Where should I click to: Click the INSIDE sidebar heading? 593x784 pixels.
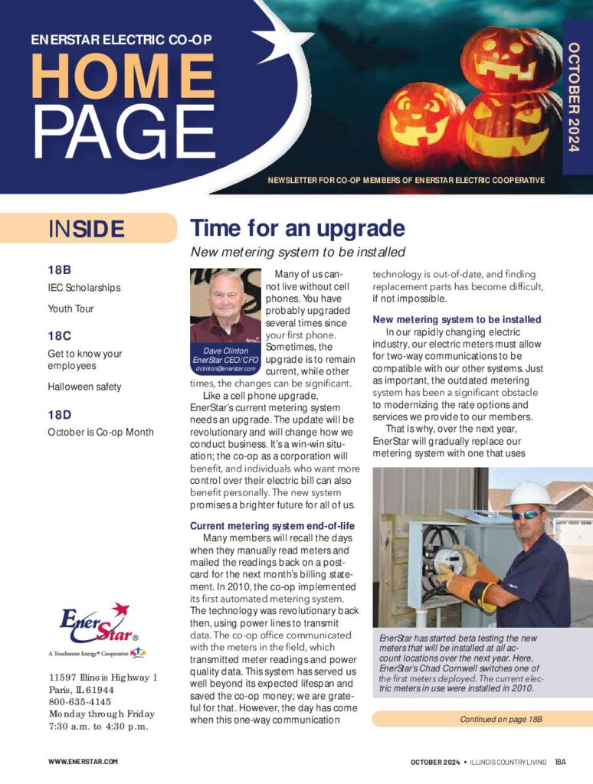click(86, 229)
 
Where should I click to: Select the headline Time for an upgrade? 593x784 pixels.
click(297, 228)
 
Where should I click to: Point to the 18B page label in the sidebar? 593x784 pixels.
click(59, 269)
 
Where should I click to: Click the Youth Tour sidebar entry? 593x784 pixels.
click(70, 309)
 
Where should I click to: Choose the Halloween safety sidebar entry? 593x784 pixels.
click(84, 387)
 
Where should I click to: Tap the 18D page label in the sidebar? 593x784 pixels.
click(60, 414)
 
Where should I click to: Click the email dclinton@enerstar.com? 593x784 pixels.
click(225, 368)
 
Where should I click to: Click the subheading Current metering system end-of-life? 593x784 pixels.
click(271, 526)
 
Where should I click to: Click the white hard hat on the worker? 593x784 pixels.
click(529, 494)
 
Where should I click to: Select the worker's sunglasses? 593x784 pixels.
click(526, 515)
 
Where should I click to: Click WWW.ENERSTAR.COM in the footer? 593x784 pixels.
click(83, 762)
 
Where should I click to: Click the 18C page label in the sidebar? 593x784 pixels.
click(59, 335)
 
